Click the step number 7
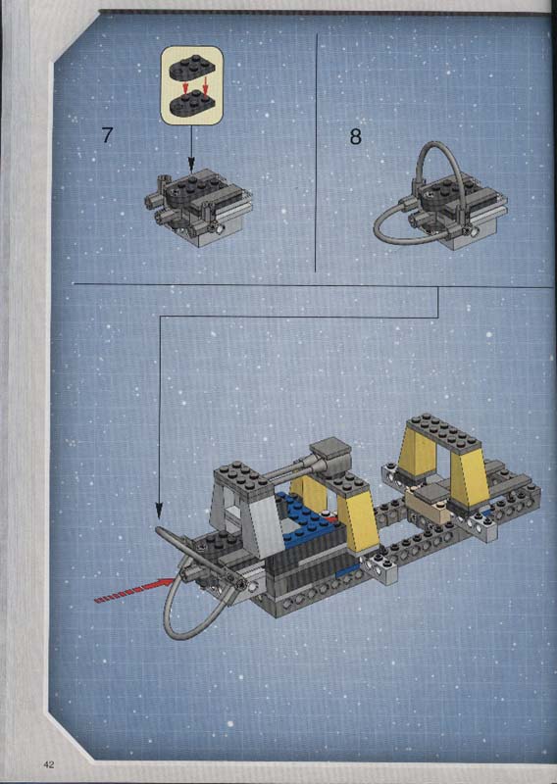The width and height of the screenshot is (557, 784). click(107, 135)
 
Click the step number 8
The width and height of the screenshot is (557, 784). click(355, 136)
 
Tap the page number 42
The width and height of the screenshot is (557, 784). click(49, 764)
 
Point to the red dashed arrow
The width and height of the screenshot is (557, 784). click(135, 590)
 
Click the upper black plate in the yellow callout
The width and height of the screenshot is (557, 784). click(191, 69)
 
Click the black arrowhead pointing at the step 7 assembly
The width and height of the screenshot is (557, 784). click(190, 163)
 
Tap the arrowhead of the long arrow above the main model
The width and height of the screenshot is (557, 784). click(159, 511)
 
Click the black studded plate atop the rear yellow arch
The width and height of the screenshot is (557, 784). click(443, 431)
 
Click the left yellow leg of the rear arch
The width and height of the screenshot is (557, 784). click(418, 459)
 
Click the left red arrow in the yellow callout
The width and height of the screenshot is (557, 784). click(184, 88)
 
